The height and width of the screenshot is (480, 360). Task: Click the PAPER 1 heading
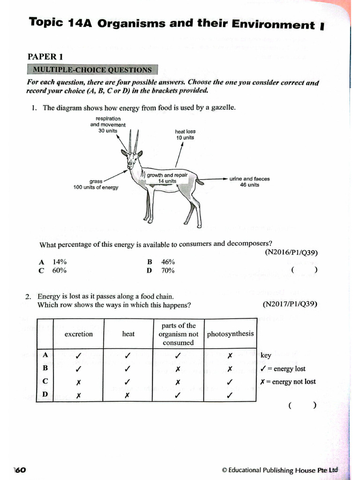[45, 57]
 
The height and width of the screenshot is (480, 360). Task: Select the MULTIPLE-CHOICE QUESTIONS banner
[92, 70]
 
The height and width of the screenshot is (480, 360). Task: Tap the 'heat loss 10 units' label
[185, 135]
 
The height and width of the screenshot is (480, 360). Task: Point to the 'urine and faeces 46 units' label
[249, 181]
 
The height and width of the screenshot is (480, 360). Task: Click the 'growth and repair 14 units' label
[167, 178]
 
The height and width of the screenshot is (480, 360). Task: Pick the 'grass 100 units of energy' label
[96, 184]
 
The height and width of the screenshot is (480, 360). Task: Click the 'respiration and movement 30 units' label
[108, 125]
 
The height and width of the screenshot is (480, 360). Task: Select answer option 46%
[168, 262]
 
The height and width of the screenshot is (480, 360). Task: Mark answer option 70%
[168, 270]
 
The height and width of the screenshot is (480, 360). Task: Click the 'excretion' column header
[79, 334]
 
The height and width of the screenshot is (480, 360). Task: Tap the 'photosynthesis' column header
[230, 334]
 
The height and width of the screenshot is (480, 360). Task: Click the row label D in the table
[45, 394]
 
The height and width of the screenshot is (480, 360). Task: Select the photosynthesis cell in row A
[230, 356]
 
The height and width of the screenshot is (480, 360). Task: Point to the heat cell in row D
[127, 395]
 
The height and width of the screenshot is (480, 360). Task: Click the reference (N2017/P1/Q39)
[290, 304]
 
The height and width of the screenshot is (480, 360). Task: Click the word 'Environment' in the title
[276, 25]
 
